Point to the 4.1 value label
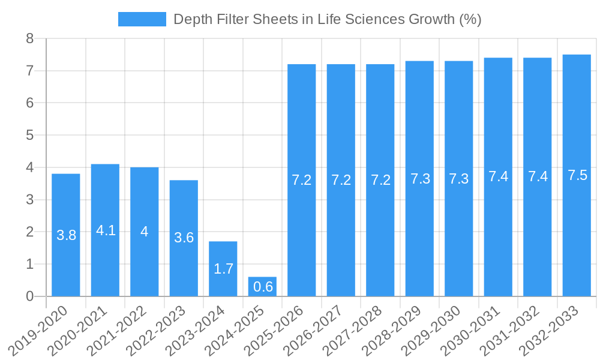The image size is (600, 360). click(x=106, y=230)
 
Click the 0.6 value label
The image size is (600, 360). click(x=263, y=287)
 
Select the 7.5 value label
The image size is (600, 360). click(x=577, y=176)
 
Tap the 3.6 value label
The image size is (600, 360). click(x=184, y=238)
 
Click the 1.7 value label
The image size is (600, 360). click(x=223, y=269)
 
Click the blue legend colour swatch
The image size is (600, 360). click(x=142, y=19)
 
